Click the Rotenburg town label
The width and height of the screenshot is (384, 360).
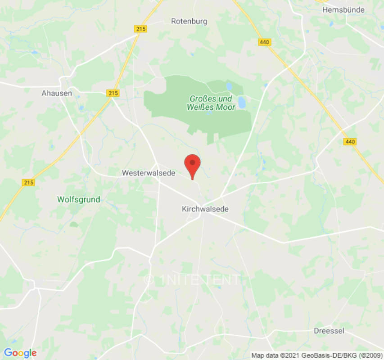(189, 21)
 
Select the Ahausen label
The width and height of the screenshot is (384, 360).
(57, 93)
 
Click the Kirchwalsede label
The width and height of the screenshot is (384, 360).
(205, 209)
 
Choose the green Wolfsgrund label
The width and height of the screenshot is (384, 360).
(79, 199)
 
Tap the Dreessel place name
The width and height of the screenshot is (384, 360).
(329, 331)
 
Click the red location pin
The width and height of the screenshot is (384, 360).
(193, 165)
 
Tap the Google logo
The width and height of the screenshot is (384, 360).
(20, 353)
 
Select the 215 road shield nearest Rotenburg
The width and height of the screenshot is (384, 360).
(140, 29)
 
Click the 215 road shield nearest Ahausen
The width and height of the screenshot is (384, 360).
(114, 93)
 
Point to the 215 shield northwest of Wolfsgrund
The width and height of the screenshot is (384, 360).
(28, 182)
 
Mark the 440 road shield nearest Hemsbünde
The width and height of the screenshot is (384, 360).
(264, 42)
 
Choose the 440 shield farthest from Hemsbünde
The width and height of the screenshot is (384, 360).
(349, 142)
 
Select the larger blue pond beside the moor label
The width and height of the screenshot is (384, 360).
(242, 103)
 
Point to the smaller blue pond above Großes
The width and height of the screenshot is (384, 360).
(229, 85)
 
